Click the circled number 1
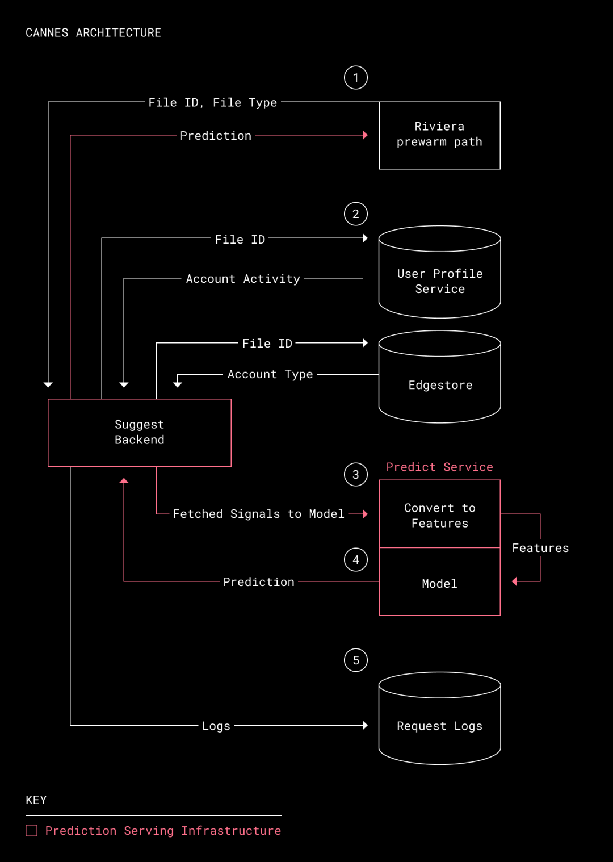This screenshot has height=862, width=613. coord(356,78)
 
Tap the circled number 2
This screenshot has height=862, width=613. coord(356,214)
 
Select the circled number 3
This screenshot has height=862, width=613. coord(356,475)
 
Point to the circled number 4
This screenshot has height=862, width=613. coord(356,560)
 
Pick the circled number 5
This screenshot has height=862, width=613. coord(356,660)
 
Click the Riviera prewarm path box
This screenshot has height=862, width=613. coord(439,135)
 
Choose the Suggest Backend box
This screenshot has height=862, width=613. coord(140,433)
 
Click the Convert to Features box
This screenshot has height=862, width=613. coord(439,514)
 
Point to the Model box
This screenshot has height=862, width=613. coord(439,583)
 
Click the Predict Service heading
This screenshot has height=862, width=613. coord(439,467)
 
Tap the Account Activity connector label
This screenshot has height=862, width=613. coord(243,279)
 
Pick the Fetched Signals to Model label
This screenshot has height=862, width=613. coord(258,514)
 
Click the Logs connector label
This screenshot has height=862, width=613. coord(216,726)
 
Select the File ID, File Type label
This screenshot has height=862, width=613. coord(213,103)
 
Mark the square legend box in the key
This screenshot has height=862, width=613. coord(32,831)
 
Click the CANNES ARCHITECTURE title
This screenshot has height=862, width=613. coord(93,33)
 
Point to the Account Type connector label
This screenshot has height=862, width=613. coord(270,374)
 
